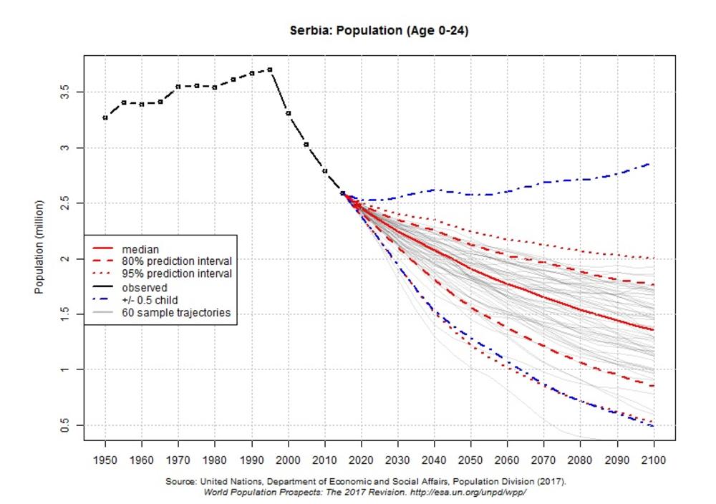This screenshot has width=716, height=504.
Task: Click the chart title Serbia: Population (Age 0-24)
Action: [379, 31]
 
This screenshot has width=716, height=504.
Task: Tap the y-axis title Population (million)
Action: [40, 247]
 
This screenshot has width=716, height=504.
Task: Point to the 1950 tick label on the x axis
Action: [105, 459]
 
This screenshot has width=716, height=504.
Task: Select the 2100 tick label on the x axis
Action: [653, 459]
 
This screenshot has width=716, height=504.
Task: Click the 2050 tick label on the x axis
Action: [470, 459]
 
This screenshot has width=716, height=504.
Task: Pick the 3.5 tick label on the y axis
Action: [66, 92]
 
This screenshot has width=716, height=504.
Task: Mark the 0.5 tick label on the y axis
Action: [66, 425]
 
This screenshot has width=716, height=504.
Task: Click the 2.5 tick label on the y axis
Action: [66, 203]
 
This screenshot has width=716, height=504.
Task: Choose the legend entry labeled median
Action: [140, 249]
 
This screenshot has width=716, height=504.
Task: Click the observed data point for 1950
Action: [105, 117]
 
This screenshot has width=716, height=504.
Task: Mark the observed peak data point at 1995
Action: [270, 69]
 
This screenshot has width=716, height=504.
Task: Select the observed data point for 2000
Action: [288, 113]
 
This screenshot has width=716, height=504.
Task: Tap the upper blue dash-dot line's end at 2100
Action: [650, 164]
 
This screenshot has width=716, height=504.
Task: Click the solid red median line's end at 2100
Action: [653, 330]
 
